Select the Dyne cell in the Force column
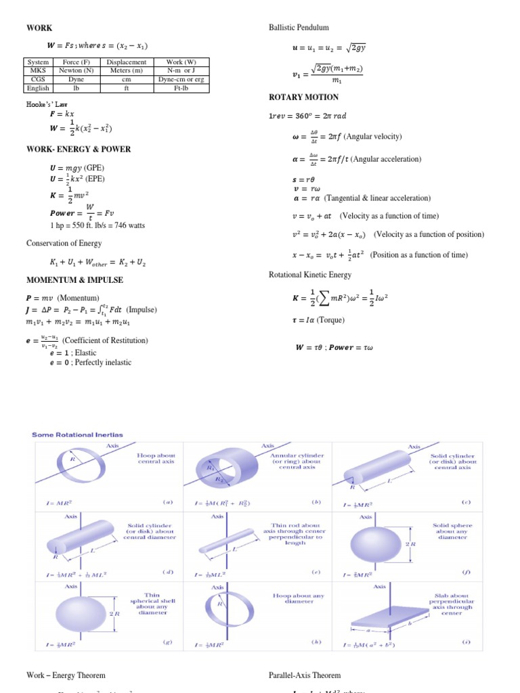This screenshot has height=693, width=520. click(77, 79)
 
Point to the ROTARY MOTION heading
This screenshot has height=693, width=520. click(303, 97)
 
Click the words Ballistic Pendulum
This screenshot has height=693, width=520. click(299, 28)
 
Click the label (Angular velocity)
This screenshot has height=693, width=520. click(373, 137)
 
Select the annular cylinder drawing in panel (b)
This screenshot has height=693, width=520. click(227, 471)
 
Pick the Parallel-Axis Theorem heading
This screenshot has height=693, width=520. click(305, 675)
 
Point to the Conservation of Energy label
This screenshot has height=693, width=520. click(64, 243)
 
